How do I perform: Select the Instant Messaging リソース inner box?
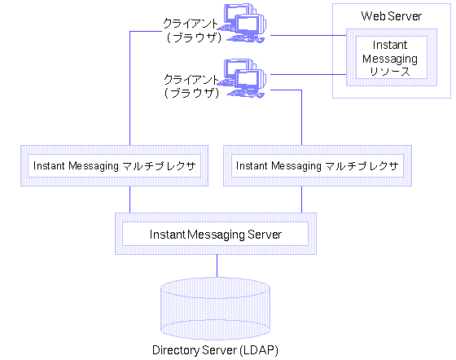[x=388, y=58]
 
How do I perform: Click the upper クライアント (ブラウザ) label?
[x=191, y=30]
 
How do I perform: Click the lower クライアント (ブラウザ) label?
[x=191, y=86]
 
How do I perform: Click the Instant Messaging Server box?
[x=215, y=234]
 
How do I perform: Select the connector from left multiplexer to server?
[x=129, y=200]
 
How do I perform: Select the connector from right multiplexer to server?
[x=303, y=200]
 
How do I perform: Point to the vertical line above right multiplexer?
[x=303, y=118]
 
